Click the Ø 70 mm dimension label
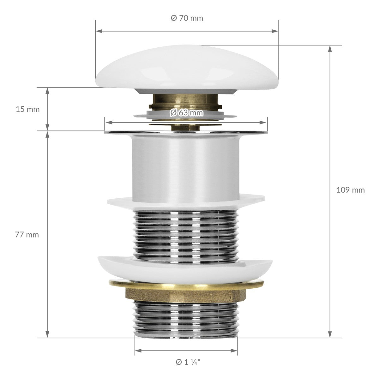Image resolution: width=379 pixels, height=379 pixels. [187, 18]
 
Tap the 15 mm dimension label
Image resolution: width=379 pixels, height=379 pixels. [27, 109]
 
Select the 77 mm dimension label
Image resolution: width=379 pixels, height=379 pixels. [27, 235]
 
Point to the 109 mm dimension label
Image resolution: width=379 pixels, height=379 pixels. [351, 190]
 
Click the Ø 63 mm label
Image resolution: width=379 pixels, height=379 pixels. [186, 113]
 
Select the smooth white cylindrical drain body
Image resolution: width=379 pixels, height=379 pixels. [186, 168]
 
